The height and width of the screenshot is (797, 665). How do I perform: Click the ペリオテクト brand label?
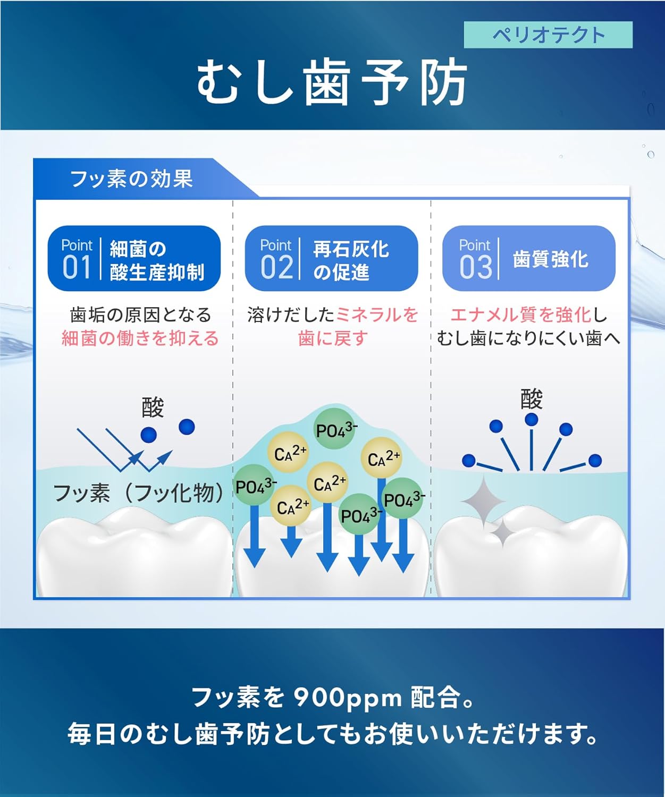click(548, 35)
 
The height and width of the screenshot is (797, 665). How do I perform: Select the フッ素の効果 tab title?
click(131, 179)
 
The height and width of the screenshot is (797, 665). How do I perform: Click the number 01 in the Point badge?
click(77, 267)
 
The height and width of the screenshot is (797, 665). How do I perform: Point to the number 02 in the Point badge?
click(276, 267)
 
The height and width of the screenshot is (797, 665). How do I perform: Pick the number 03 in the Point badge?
click(475, 267)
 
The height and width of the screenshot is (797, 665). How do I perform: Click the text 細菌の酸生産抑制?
click(157, 260)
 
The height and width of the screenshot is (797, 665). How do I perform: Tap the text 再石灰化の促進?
click(351, 260)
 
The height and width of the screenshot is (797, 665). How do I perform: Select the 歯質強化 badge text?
click(550, 259)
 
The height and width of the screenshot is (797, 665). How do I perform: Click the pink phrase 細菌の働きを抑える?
click(140, 338)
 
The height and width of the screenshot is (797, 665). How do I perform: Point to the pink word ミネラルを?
click(377, 315)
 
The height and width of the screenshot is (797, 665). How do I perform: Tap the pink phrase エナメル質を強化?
click(521, 315)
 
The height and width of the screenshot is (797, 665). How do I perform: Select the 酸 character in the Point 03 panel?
click(531, 399)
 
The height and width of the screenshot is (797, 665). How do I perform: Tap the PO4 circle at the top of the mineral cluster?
click(335, 429)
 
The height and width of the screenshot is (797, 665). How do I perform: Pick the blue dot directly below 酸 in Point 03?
click(531, 420)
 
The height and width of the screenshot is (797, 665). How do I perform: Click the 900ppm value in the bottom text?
click(348, 697)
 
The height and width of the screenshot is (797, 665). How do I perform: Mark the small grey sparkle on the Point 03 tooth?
click(501, 531)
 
